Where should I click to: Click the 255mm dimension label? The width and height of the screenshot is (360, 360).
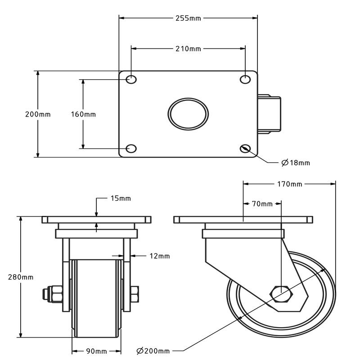[188, 18]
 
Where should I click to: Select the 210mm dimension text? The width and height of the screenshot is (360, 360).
[188, 49]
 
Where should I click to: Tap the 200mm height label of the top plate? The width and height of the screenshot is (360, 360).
[38, 114]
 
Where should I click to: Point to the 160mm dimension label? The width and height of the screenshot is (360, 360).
[83, 114]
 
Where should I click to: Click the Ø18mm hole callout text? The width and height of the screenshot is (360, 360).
[296, 163]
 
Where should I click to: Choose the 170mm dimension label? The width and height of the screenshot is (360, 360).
[289, 184]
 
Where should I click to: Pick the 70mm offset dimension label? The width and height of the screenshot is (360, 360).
[262, 204]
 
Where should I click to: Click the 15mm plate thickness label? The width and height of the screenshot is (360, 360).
[121, 198]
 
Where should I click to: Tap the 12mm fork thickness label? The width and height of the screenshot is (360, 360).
[160, 256]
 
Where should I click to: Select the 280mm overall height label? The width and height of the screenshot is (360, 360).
[21, 277]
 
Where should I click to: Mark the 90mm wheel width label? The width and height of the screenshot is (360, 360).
[96, 351]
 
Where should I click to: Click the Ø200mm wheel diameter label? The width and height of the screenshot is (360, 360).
[153, 351]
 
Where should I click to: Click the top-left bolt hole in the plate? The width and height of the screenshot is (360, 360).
[131, 80]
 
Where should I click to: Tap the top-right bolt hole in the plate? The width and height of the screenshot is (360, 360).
[245, 80]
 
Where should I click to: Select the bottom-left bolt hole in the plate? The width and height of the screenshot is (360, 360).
[131, 148]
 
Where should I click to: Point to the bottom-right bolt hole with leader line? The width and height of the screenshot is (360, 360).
[245, 148]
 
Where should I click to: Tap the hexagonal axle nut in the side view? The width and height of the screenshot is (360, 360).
[281, 294]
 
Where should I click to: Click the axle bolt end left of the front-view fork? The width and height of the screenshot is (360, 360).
[46, 294]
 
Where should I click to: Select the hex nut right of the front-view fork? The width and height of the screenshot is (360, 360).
[135, 294]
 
